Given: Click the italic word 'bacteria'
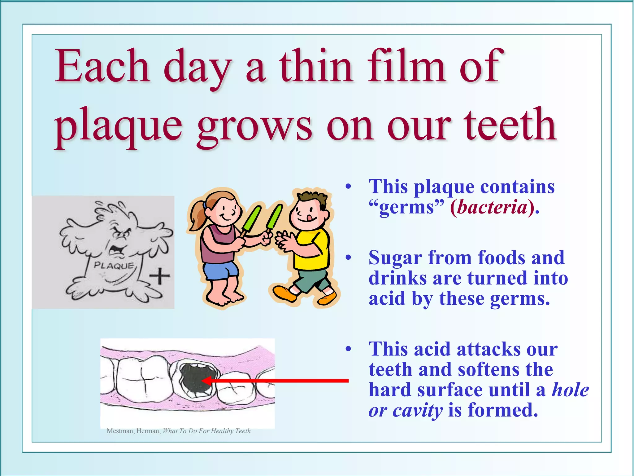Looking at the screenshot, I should pyautogui.click(x=492, y=207).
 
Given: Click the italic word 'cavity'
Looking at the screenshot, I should pyautogui.click(x=418, y=410).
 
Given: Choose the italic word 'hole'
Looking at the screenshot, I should pyautogui.click(x=570, y=390).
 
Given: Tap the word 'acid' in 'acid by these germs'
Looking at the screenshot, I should pyautogui.click(x=387, y=298).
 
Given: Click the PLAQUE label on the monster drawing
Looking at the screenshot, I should pyautogui.click(x=114, y=266).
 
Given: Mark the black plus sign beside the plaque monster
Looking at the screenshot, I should pyautogui.click(x=159, y=275).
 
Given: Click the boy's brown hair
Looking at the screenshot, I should pyautogui.click(x=313, y=198).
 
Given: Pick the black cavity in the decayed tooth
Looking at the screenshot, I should pyautogui.click(x=193, y=380).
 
